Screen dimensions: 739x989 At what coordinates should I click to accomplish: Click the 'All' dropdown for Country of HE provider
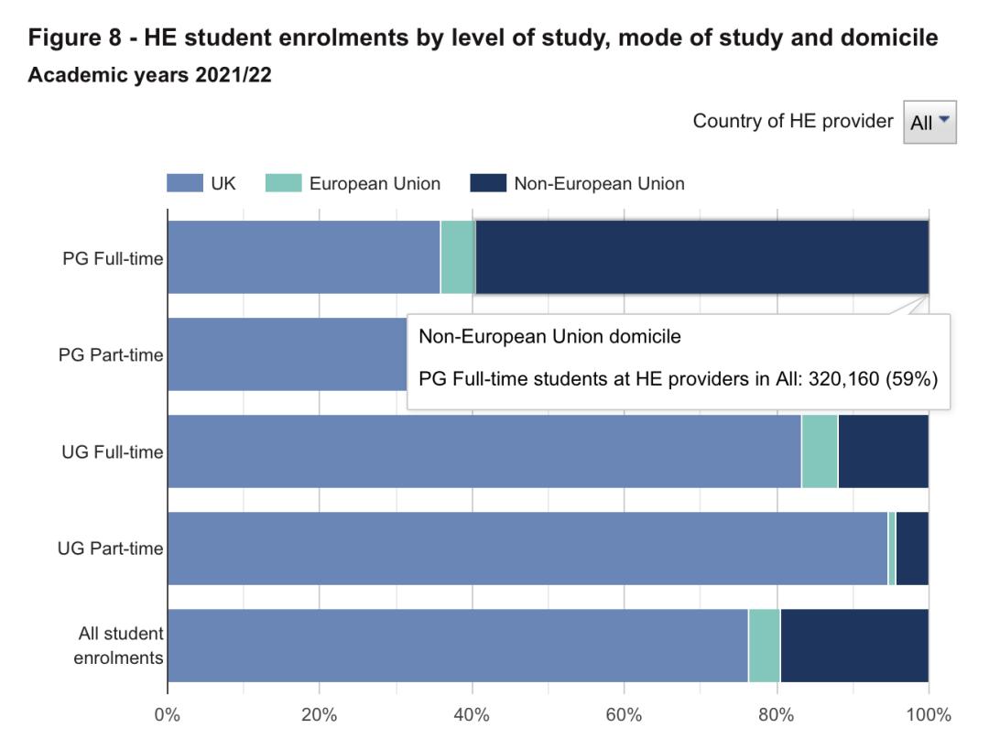pos(929,122)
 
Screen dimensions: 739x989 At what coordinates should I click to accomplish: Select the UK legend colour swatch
pos(184,183)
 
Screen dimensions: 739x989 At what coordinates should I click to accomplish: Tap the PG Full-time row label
pos(113,258)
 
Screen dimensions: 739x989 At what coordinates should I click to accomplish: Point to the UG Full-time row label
pos(113,451)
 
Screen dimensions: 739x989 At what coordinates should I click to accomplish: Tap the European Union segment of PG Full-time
pos(458,257)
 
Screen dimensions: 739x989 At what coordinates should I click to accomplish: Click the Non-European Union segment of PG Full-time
pos(701,257)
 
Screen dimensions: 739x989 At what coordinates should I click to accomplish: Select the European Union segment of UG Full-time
pos(820,451)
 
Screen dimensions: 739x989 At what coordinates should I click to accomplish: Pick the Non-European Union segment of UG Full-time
pos(883,451)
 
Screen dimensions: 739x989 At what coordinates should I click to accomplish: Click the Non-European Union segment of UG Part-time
pos(912,549)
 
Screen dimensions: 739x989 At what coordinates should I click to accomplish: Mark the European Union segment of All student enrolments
pos(764,646)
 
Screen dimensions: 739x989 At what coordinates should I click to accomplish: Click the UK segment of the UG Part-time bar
pos(527,549)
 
